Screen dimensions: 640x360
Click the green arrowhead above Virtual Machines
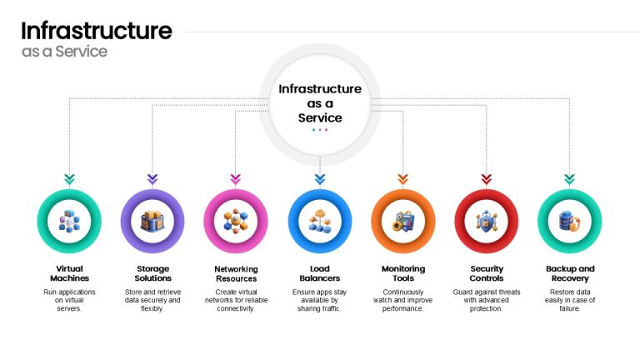click(69, 179)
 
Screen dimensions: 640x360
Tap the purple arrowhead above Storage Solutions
click(152, 179)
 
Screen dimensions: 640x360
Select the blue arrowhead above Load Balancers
click(320, 179)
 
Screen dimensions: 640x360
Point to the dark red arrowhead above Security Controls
click(486, 179)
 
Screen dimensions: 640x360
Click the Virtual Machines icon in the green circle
click(69, 222)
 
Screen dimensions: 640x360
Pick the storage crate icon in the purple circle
click(152, 222)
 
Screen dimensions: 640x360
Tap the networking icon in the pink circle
click(236, 221)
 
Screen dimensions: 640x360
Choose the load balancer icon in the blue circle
click(320, 222)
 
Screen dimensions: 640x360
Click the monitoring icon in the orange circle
click(403, 222)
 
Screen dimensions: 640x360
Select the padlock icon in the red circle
click(487, 221)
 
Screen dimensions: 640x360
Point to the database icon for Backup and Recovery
click(569, 222)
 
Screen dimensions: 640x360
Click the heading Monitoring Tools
click(403, 273)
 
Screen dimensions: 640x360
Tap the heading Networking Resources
click(236, 274)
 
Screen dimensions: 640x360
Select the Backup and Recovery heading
click(570, 273)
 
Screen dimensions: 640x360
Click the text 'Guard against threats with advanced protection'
click(487, 300)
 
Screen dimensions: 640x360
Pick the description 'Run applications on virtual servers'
click(69, 300)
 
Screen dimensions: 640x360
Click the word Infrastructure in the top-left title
click(97, 31)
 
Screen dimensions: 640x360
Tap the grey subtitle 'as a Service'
click(64, 52)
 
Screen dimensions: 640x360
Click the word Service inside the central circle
click(320, 118)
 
